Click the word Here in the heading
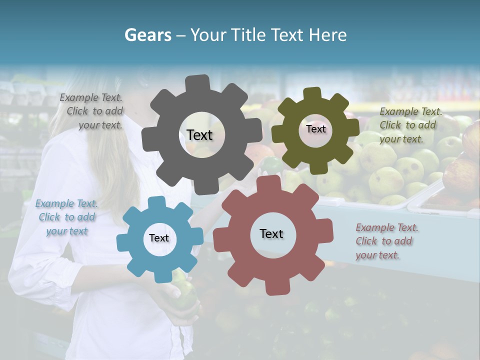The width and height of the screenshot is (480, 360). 327,35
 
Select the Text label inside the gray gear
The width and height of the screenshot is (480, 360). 199,135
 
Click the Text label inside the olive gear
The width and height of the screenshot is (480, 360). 315,129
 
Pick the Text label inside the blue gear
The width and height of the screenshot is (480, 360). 159,238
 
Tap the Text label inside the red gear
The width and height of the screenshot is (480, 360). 271,233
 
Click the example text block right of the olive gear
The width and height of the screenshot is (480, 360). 410,125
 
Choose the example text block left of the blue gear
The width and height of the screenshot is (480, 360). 66,217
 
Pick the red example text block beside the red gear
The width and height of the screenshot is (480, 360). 386,241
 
